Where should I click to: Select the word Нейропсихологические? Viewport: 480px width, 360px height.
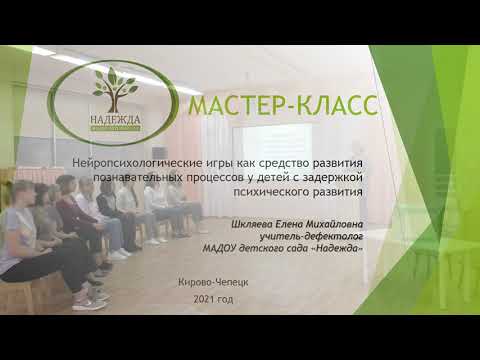click(x=140, y=162)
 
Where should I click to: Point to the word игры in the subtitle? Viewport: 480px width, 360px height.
click(x=211, y=162)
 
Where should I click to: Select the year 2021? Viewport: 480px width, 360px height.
click(x=205, y=300)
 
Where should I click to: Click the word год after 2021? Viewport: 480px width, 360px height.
click(x=226, y=300)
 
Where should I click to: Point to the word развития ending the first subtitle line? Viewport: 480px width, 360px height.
click(x=336, y=162)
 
